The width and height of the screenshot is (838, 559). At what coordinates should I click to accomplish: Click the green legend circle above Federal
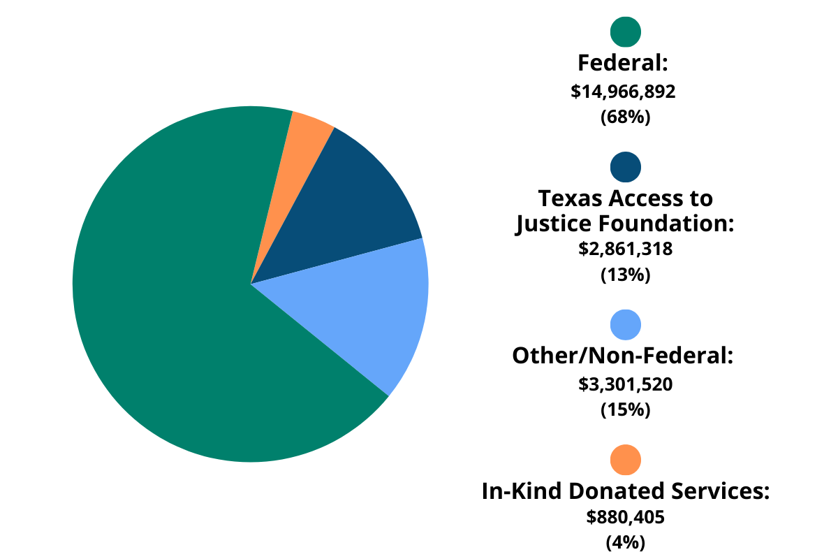[x=625, y=31]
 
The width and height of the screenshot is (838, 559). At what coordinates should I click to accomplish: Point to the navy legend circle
[x=625, y=167]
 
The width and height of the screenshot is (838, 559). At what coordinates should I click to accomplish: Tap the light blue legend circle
[x=625, y=324]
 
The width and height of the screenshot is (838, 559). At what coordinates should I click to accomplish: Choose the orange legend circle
[x=625, y=459]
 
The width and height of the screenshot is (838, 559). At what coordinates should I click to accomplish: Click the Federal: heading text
[x=624, y=64]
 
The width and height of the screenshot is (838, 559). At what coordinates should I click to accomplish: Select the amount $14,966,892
[x=624, y=92]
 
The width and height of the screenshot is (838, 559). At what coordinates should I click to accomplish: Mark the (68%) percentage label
[x=625, y=117]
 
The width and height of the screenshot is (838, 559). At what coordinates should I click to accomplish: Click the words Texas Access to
[x=626, y=198]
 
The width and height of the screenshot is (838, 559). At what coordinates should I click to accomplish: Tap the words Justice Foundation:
[x=625, y=224]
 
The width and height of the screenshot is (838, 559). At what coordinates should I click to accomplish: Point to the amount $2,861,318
[x=625, y=249]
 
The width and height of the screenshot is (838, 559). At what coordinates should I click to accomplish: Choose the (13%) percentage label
[x=625, y=275]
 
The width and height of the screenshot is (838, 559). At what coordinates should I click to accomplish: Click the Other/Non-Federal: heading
[x=623, y=356]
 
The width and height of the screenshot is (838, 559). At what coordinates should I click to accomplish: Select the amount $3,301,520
[x=625, y=384]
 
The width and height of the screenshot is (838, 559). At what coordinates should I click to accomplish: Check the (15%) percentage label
[x=625, y=409]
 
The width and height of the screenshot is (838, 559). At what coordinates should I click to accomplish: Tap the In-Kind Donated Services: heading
[x=625, y=491]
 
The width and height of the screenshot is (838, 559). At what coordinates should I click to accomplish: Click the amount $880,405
[x=625, y=518]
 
